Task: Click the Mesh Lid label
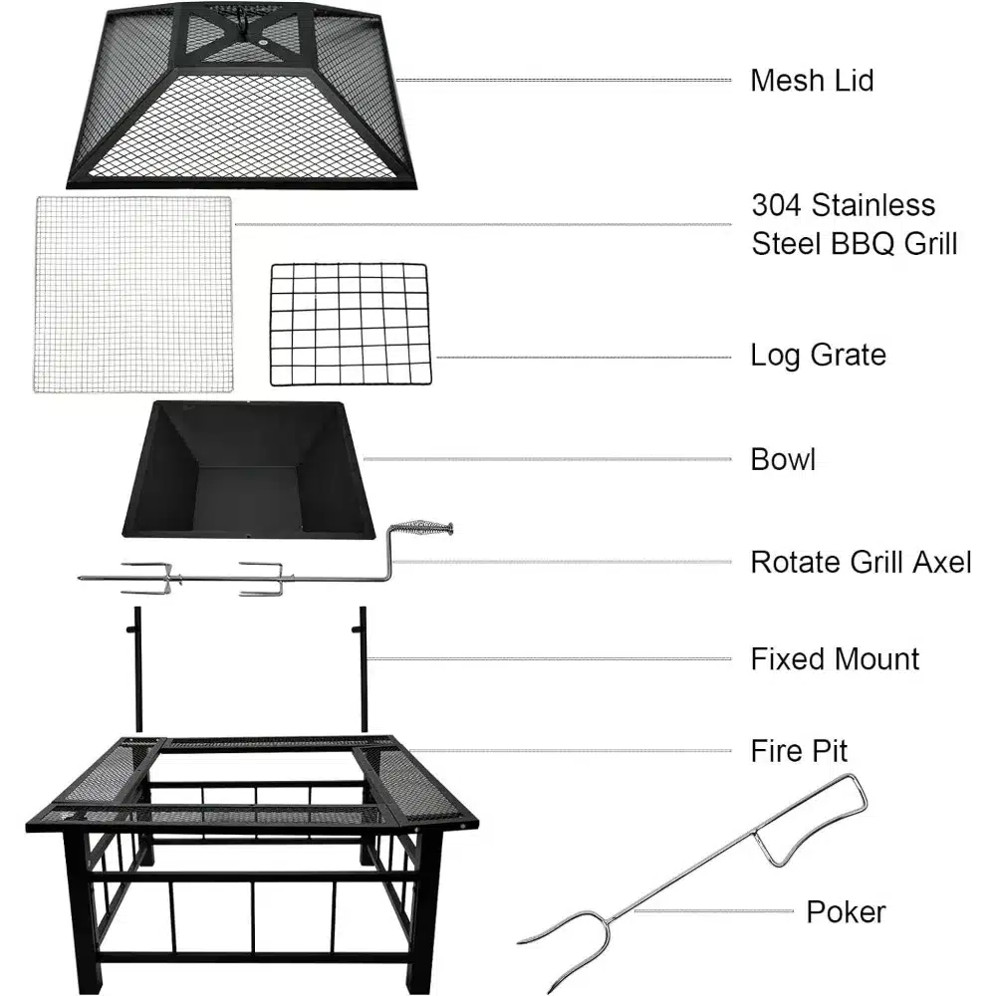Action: [x=812, y=81]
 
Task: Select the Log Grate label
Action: [x=818, y=356]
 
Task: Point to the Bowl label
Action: [x=783, y=459]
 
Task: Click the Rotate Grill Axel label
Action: [x=861, y=562]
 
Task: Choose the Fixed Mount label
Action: [x=835, y=658]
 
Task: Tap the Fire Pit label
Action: [x=799, y=751]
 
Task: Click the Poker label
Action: [x=846, y=912]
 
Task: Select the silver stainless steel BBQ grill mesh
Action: [x=132, y=294]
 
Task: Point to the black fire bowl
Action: [x=248, y=469]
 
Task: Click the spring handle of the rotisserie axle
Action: [x=420, y=529]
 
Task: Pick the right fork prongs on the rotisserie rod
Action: [x=264, y=578]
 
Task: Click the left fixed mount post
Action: [x=137, y=669]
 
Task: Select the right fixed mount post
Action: [x=363, y=669]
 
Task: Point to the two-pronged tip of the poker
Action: [x=559, y=946]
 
